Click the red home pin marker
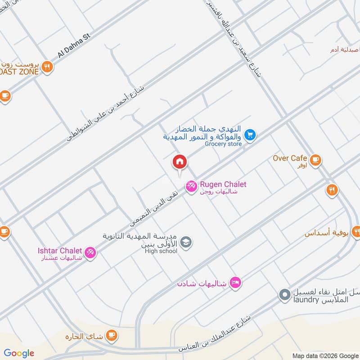pos(179,162)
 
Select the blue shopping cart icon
pos(250,134)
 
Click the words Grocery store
pos(223,144)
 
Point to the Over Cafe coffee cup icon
pos(315,159)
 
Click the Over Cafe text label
pos(290,158)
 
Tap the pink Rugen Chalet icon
pos(191,185)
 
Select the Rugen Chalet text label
pos(223,184)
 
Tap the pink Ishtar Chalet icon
pos(90,252)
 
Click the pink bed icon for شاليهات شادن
pos(235,283)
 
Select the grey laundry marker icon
pos(284,295)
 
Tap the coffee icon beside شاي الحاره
pos(112,336)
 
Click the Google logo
pos(19,353)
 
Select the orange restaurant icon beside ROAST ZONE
pos(47,68)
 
